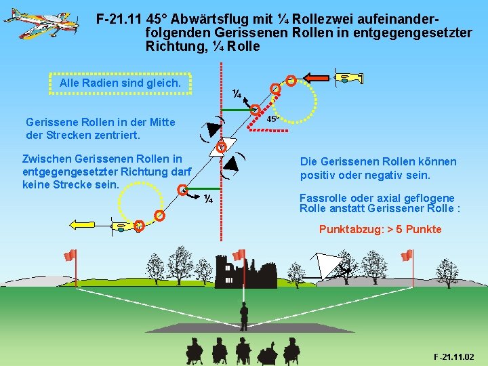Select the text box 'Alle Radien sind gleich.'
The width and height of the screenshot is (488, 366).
(120, 83)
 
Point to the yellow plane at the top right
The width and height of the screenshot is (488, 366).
(349, 77)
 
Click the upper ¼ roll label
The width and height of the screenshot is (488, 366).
(237, 94)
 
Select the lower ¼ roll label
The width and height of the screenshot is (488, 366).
(209, 198)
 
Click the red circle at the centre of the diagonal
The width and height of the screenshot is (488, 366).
(221, 147)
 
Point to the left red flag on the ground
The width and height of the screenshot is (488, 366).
(70, 256)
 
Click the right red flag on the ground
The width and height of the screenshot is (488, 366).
(407, 256)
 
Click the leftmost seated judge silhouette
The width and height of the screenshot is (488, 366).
(195, 352)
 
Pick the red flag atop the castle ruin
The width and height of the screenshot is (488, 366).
(239, 255)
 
